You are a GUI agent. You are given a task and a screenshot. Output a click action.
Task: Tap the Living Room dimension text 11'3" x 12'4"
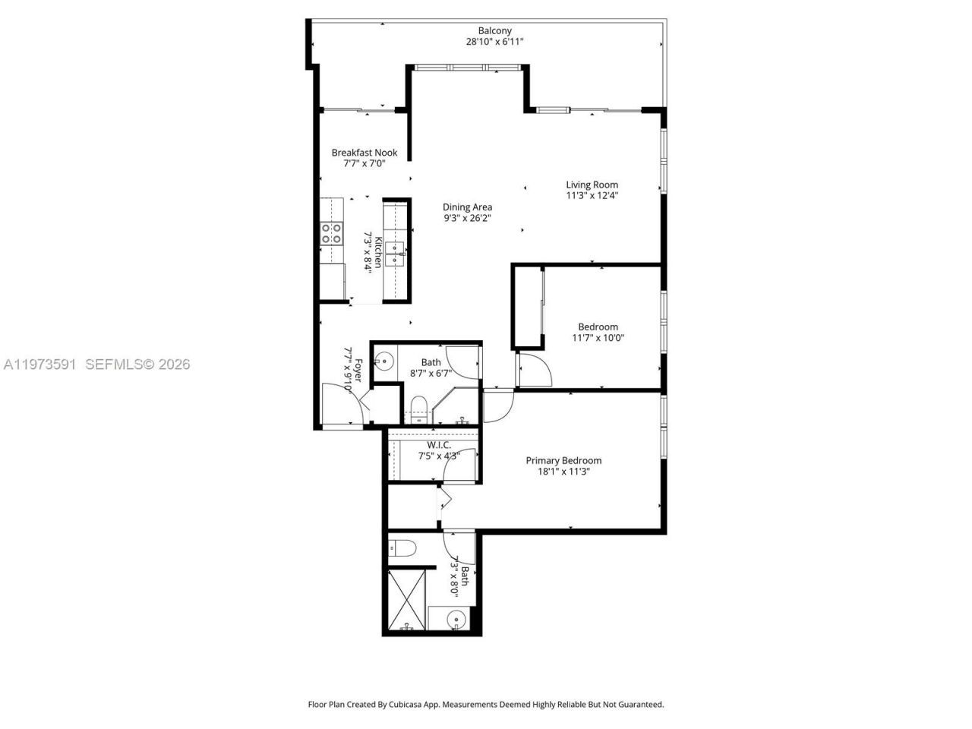coord(592,195)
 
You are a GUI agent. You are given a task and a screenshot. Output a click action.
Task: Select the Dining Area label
coord(468,207)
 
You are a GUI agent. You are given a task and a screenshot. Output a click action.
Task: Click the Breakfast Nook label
coord(364,153)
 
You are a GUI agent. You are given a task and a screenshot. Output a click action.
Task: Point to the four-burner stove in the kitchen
coord(330,233)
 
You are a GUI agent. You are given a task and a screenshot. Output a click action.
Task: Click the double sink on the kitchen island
coord(394,254)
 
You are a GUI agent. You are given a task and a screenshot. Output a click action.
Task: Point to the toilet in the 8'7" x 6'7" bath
coord(418,406)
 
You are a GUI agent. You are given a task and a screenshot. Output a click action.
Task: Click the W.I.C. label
coord(439,445)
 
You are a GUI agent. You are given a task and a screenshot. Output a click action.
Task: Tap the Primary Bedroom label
coord(563,460)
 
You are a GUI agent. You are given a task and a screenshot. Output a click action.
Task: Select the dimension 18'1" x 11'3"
coord(563,472)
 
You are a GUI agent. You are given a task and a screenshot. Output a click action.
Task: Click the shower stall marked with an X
coord(407,599)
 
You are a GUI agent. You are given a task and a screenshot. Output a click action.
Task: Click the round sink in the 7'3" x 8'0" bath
coord(455,619)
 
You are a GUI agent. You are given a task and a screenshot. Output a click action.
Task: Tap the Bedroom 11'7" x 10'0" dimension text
coord(598,338)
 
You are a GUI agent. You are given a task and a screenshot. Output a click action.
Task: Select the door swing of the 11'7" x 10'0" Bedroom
coord(535,371)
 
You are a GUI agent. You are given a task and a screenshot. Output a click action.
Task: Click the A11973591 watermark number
coord(39,364)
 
